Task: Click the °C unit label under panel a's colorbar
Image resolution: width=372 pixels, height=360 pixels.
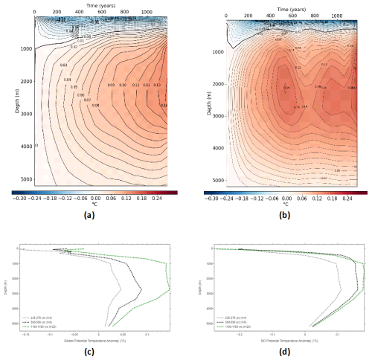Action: pyautogui.click(x=96, y=205)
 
